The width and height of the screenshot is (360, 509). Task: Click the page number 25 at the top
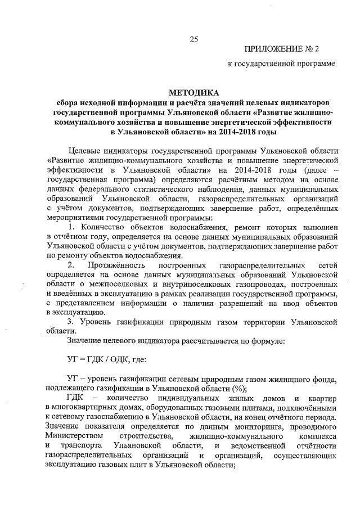pos(193,39)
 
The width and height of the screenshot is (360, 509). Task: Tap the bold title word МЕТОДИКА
pos(194,92)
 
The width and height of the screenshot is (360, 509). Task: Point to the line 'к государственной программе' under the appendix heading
pos(281,64)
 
